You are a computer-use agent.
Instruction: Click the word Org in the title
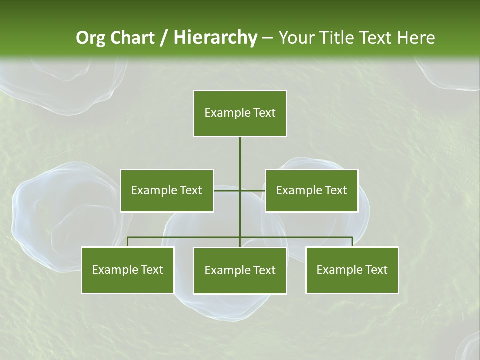[x=90, y=38]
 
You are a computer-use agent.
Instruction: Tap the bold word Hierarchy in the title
[x=215, y=38]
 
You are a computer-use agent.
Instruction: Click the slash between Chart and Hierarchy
[x=164, y=38]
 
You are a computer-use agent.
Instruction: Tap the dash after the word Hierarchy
[x=267, y=38]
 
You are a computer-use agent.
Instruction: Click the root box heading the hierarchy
[x=240, y=113]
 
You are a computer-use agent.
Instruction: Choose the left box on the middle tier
[x=167, y=190]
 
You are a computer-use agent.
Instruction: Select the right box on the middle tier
[x=311, y=190]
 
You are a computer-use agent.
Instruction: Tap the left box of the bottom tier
[x=127, y=270]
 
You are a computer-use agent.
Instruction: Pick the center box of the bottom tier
[x=240, y=270]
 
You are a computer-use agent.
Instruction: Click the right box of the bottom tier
[x=352, y=270]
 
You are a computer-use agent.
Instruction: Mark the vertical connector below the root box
[x=240, y=160]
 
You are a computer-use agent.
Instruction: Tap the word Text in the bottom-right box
[x=376, y=270]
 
